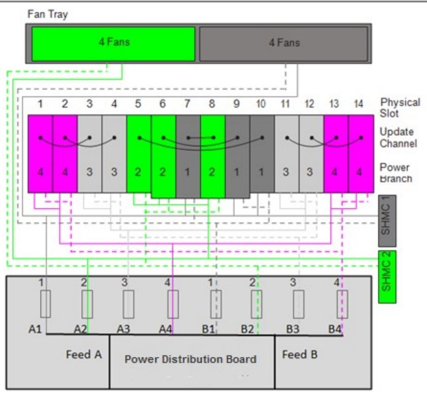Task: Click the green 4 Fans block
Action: tap(113, 44)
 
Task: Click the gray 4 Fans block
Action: tap(283, 44)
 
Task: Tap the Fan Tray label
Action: tap(48, 14)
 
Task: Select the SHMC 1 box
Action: tap(387, 221)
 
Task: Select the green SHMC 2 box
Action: tap(387, 277)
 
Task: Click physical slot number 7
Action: tap(187, 104)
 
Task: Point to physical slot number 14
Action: tap(358, 104)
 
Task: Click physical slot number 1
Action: tap(40, 104)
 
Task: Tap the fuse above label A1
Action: tap(45, 304)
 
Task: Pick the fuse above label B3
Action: tap(299, 304)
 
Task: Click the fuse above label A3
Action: tap(128, 304)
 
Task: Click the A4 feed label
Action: tap(166, 329)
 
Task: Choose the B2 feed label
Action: tap(248, 329)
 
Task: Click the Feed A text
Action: tap(84, 354)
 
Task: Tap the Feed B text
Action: tap(300, 354)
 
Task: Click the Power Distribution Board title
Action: tap(191, 359)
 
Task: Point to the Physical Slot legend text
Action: tap(400, 108)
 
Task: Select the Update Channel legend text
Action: tap(398, 138)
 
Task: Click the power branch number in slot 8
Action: tap(211, 172)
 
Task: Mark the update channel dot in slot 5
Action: tap(140, 138)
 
